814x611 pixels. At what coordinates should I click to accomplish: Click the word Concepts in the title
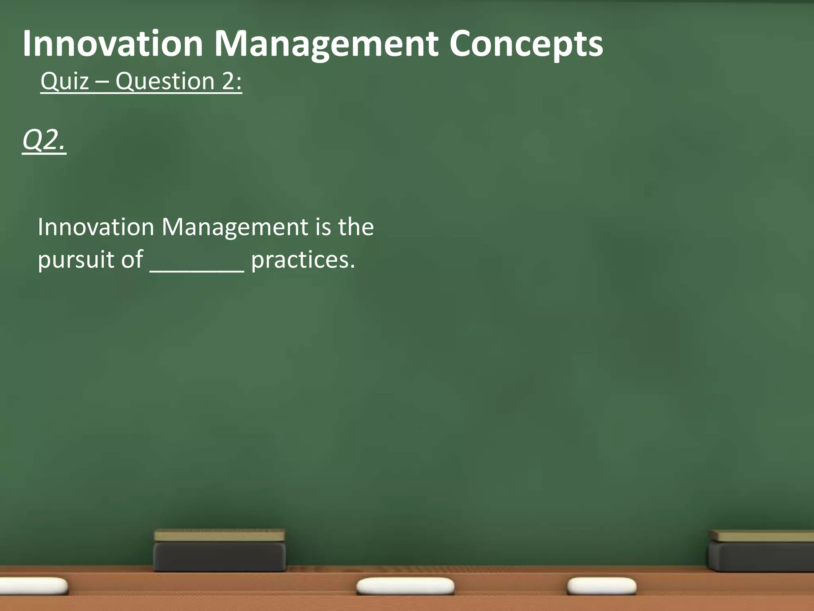click(526, 45)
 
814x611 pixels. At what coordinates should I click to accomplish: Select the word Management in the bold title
click(326, 45)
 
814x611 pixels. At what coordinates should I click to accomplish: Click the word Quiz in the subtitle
click(64, 82)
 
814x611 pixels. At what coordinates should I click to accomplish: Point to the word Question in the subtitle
click(165, 82)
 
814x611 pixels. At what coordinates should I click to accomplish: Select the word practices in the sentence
click(303, 260)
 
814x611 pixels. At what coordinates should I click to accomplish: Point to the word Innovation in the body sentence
click(96, 227)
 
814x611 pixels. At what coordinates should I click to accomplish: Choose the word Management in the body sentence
click(235, 228)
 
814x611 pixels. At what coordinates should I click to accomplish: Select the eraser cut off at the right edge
click(761, 551)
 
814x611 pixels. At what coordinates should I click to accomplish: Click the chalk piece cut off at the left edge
click(34, 586)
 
